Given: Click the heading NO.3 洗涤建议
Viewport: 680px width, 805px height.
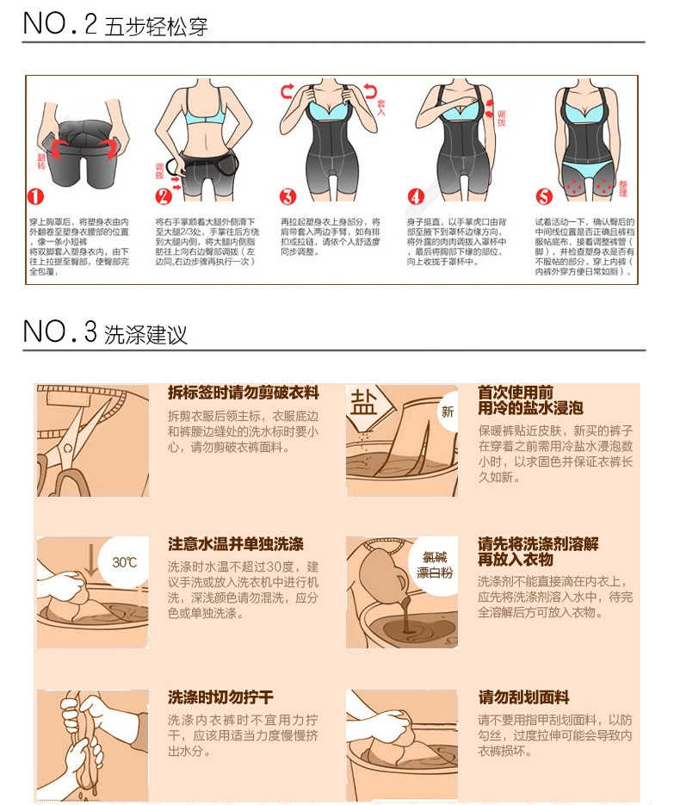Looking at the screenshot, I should pyautogui.click(x=104, y=332).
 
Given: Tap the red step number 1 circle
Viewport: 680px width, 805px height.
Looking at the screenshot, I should pyautogui.click(x=35, y=196).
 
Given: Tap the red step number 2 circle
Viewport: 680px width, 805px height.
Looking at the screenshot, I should pyautogui.click(x=164, y=196).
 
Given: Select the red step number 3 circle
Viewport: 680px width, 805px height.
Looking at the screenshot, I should pyautogui.click(x=288, y=196).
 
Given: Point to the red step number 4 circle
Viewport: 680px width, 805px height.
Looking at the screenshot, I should pyautogui.click(x=416, y=196).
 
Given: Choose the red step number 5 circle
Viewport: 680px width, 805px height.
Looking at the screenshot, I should pyautogui.click(x=542, y=196).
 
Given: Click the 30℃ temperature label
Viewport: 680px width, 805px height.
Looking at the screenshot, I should pyautogui.click(x=124, y=562).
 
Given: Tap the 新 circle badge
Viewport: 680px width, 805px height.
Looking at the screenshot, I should pyautogui.click(x=447, y=412).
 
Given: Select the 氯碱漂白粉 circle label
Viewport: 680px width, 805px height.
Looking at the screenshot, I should pyautogui.click(x=435, y=565).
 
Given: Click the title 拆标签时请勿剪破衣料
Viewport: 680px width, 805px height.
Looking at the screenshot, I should pyautogui.click(x=243, y=393).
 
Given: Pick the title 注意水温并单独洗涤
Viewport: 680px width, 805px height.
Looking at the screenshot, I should pyautogui.click(x=235, y=545).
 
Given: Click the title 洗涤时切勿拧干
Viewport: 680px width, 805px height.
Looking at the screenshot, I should pyautogui.click(x=219, y=697).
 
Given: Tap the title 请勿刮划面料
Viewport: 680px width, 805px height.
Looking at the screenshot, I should pyautogui.click(x=523, y=697).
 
